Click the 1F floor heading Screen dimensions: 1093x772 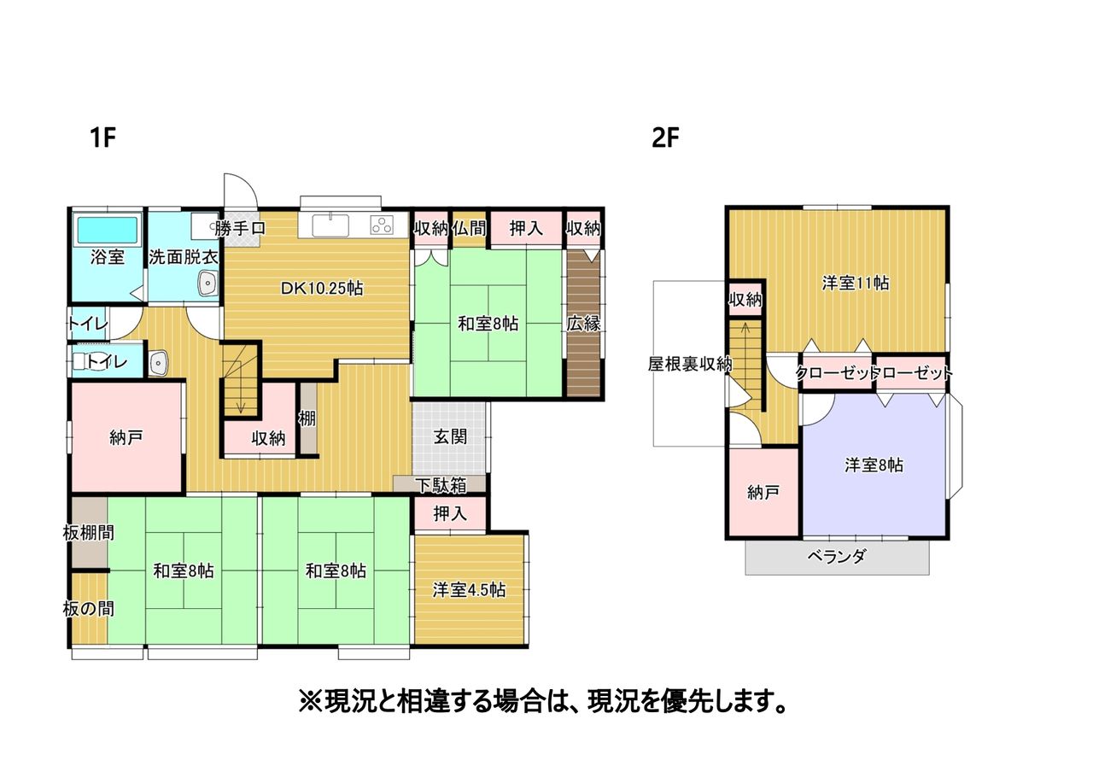pyautogui.click(x=103, y=137)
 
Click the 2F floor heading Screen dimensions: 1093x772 pyautogui.click(x=665, y=137)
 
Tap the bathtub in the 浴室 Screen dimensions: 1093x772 pyautogui.click(x=108, y=230)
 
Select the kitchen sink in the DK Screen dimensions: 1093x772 pyautogui.click(x=330, y=225)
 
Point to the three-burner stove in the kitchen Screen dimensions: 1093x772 pyautogui.click(x=382, y=225)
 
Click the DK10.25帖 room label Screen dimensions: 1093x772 pyautogui.click(x=322, y=289)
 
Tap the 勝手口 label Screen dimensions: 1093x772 pyautogui.click(x=240, y=228)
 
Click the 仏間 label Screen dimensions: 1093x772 pyautogui.click(x=470, y=228)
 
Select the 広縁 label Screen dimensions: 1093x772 pyautogui.click(x=583, y=324)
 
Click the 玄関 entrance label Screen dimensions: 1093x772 pyautogui.click(x=450, y=436)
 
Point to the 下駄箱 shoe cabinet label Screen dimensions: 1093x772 pyautogui.click(x=441, y=486)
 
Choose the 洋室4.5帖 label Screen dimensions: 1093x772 pyautogui.click(x=469, y=590)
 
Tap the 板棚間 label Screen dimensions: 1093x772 pyautogui.click(x=88, y=532)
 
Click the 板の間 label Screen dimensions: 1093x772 pyautogui.click(x=88, y=609)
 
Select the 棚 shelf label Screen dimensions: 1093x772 pyautogui.click(x=307, y=418)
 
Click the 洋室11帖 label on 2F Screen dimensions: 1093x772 pyautogui.click(x=856, y=283)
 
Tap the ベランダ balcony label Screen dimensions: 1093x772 pyautogui.click(x=837, y=556)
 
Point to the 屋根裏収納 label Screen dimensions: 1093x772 pyautogui.click(x=690, y=364)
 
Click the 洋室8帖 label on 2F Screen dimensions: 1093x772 pyautogui.click(x=874, y=465)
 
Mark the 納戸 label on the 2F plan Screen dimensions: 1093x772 pyautogui.click(x=763, y=493)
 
